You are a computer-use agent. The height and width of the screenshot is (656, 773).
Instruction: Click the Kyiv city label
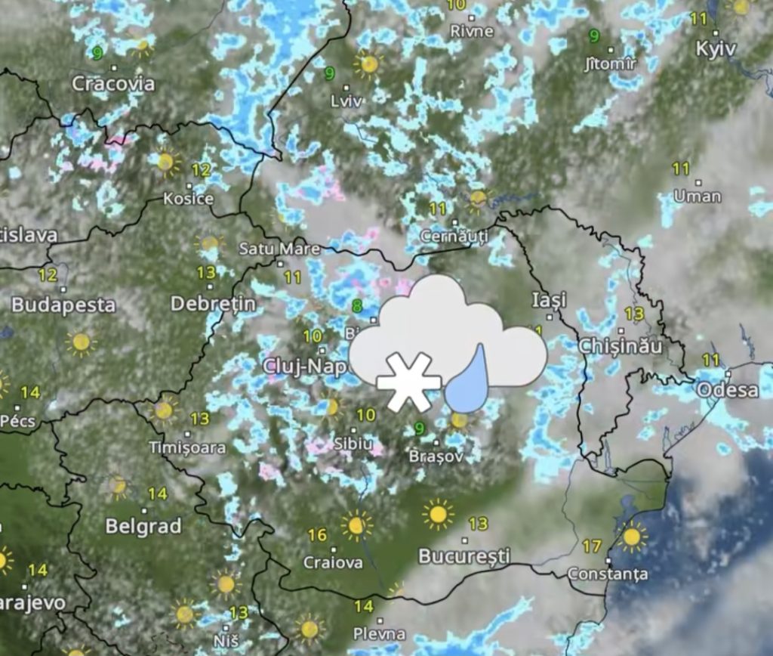(715, 48)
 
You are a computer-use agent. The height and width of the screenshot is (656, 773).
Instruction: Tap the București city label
(464, 557)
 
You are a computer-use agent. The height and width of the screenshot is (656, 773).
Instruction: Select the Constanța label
(607, 574)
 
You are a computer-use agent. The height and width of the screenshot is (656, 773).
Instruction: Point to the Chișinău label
(620, 347)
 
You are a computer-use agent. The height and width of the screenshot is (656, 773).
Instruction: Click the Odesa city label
(727, 390)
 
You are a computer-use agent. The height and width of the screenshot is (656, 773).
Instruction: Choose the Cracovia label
(113, 84)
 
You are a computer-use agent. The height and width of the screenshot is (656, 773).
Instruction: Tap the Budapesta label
(63, 305)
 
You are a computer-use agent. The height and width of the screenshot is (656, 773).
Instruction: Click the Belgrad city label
(143, 526)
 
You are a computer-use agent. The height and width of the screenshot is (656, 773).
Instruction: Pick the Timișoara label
(187, 447)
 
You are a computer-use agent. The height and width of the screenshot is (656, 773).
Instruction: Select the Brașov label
(434, 457)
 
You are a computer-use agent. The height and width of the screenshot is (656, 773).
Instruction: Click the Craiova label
(333, 563)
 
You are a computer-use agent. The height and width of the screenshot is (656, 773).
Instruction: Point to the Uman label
(698, 196)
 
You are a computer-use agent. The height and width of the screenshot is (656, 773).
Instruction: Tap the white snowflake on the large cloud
(408, 382)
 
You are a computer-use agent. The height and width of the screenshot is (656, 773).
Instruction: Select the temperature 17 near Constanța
(592, 546)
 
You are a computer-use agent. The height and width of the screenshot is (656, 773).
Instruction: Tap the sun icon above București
(438, 515)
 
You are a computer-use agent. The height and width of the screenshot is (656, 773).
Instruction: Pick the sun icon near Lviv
(368, 64)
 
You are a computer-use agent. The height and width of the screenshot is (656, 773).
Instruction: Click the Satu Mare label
(279, 249)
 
